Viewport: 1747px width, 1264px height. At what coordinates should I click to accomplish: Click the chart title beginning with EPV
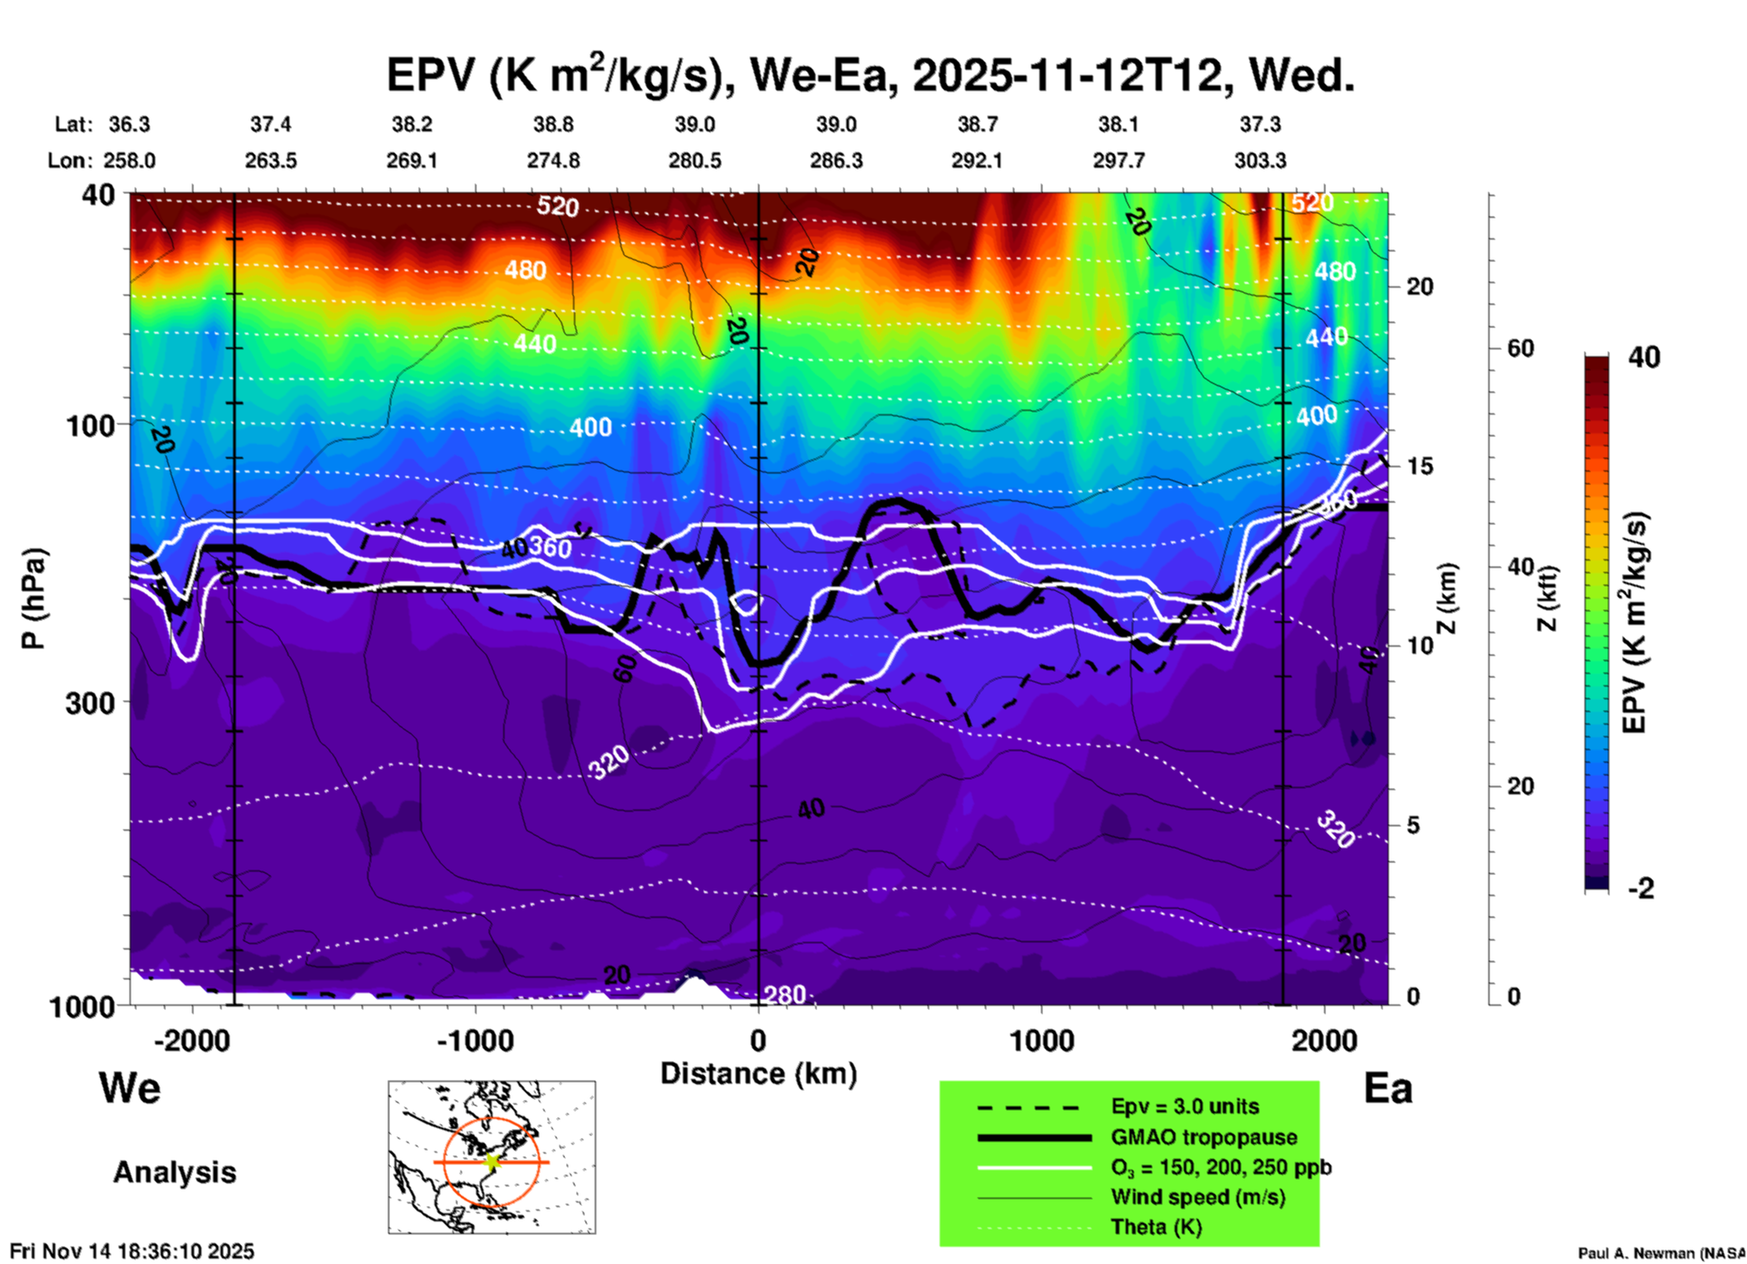(x=870, y=74)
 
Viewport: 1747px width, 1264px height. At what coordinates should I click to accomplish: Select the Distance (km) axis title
(x=758, y=1074)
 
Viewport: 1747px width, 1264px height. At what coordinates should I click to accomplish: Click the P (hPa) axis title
(x=34, y=598)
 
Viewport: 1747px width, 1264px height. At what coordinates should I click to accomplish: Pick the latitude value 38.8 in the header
(x=552, y=124)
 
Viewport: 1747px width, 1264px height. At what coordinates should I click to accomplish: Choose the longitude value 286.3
(x=835, y=160)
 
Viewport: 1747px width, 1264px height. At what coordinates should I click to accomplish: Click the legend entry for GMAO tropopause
(x=1204, y=1137)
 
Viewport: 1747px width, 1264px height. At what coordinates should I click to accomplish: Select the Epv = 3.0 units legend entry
(x=1185, y=1106)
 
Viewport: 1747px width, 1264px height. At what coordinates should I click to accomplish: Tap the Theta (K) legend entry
(x=1157, y=1227)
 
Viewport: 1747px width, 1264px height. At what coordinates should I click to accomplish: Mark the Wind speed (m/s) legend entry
(x=1197, y=1197)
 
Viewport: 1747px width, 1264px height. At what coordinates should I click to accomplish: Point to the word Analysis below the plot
(x=174, y=1172)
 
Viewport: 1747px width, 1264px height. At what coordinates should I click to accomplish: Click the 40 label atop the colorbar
(x=1644, y=357)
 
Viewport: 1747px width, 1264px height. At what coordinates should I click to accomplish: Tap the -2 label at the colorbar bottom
(x=1641, y=888)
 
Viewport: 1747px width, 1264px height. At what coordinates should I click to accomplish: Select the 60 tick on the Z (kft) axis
(x=1520, y=348)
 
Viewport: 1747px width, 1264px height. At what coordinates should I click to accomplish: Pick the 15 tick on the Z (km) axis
(x=1420, y=466)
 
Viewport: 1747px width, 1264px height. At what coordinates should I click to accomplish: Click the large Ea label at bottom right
(x=1388, y=1088)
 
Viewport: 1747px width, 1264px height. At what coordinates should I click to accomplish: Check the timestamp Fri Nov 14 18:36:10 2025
(x=132, y=1251)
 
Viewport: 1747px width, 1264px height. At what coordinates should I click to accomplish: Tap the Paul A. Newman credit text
(x=1661, y=1253)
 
